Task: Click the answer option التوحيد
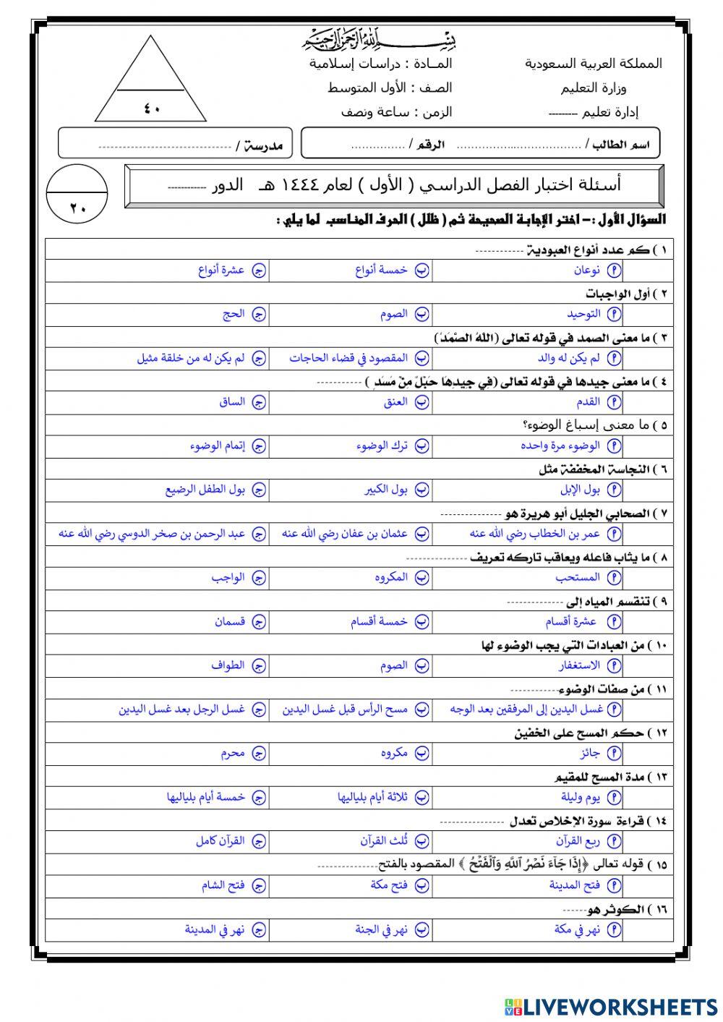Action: click(583, 314)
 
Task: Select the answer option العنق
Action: click(395, 402)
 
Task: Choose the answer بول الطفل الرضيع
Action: click(205, 490)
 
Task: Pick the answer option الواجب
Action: click(228, 578)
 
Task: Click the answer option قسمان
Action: click(230, 621)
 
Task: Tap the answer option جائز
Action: click(590, 753)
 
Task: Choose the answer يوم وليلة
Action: click(581, 797)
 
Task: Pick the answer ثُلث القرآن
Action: click(384, 841)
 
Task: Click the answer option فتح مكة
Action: click(389, 885)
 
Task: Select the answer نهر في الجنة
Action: click(381, 929)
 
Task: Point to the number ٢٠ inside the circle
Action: click(77, 208)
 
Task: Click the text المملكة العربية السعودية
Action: click(593, 64)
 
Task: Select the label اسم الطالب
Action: click(621, 145)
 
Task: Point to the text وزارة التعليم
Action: click(593, 88)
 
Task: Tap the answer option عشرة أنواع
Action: click(221, 271)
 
